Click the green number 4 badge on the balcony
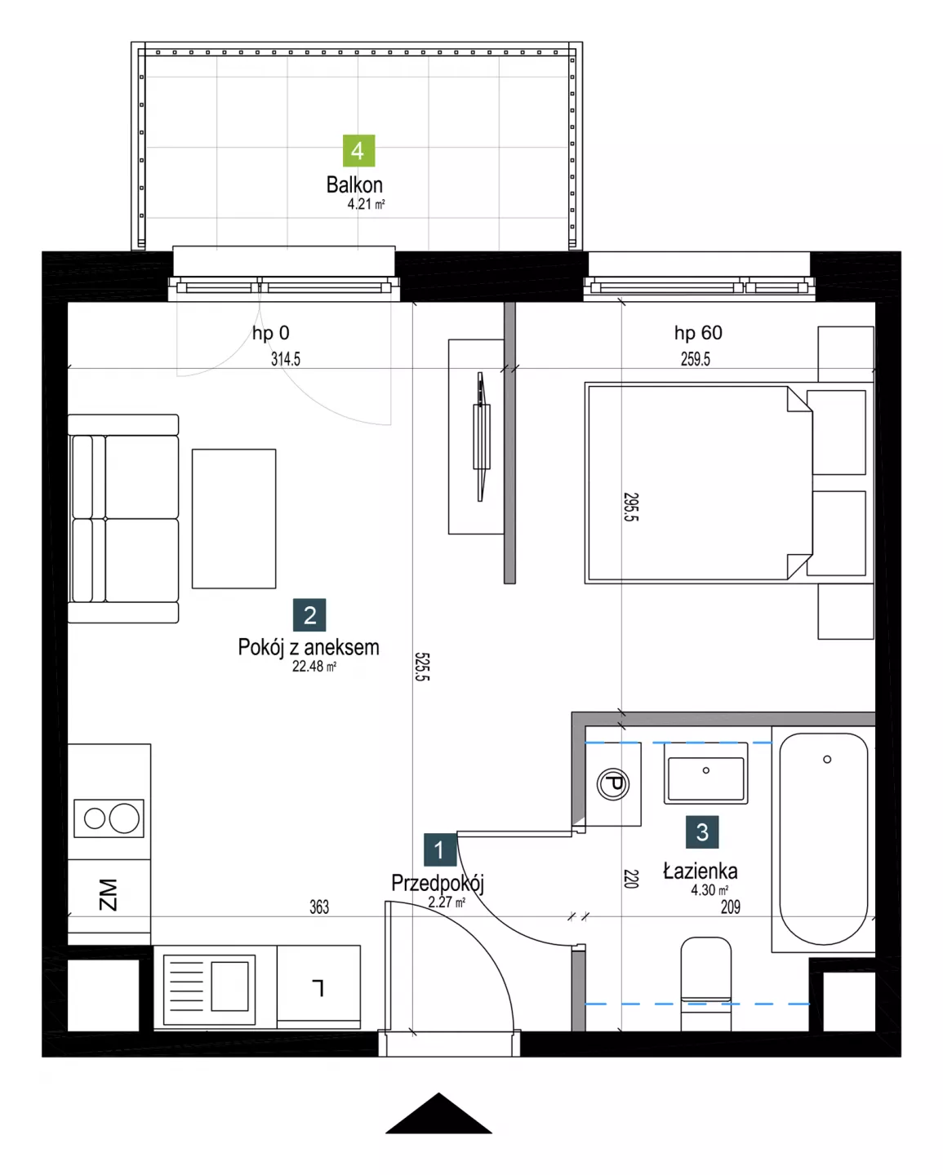click(358, 150)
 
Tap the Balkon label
click(354, 184)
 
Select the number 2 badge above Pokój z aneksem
click(309, 614)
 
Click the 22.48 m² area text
click(314, 666)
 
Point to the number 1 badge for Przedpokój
click(440, 849)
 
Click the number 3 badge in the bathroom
click(702, 831)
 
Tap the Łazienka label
click(700, 871)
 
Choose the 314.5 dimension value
click(285, 359)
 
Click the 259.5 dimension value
click(695, 359)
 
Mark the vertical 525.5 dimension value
click(422, 667)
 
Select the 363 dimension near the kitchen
click(319, 907)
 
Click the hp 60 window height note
click(698, 333)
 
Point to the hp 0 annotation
click(270, 333)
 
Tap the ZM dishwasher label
click(108, 895)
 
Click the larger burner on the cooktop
click(124, 818)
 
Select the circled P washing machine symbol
click(613, 785)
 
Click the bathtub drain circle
click(826, 760)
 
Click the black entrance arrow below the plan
click(438, 1113)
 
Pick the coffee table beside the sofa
click(234, 519)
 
